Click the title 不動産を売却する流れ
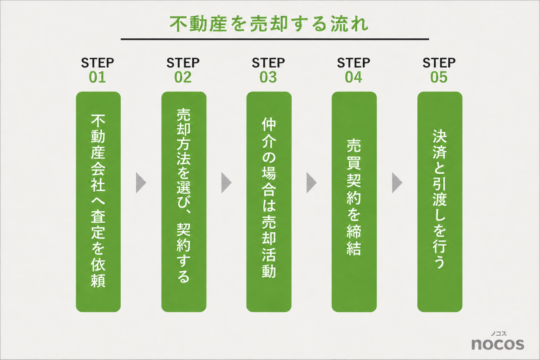click(x=269, y=24)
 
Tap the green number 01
click(x=97, y=77)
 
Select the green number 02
click(x=183, y=77)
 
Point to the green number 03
click(x=268, y=77)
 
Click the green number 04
click(x=353, y=77)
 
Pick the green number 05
click(x=439, y=77)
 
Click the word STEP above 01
click(x=97, y=63)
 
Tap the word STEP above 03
click(x=268, y=63)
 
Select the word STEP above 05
click(x=439, y=63)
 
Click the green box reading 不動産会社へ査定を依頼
click(x=99, y=202)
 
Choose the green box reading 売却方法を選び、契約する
click(x=184, y=202)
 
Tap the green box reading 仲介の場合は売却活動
click(x=269, y=202)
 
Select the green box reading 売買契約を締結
click(x=354, y=202)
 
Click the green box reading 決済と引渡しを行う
click(x=440, y=202)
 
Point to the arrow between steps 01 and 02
click(x=141, y=183)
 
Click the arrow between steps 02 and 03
click(x=226, y=183)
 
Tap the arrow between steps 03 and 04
click(x=311, y=183)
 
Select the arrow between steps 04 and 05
click(x=397, y=183)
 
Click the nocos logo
click(x=498, y=341)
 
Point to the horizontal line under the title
click(x=275, y=39)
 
